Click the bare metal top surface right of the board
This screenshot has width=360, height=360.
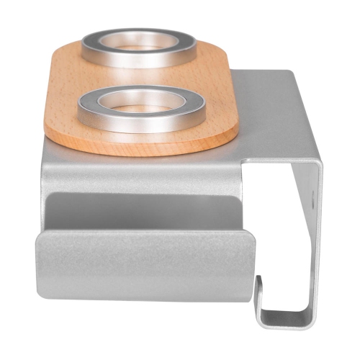266,115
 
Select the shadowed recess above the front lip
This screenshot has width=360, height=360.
144,212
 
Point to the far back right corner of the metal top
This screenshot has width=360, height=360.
288,72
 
